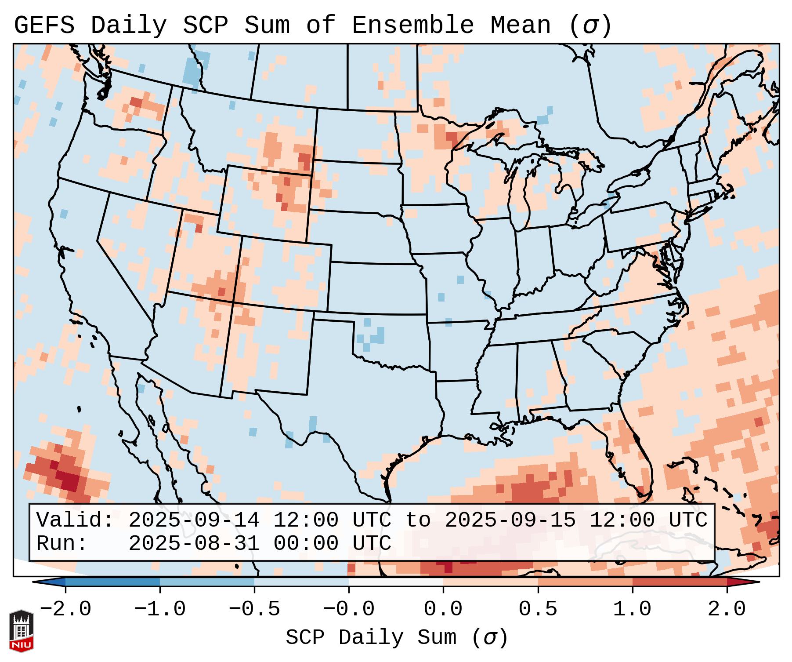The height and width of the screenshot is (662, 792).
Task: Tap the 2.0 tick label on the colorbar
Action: [x=727, y=609]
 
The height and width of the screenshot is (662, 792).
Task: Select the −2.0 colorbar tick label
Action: [x=65, y=609]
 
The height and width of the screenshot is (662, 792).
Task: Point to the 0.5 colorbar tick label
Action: [x=538, y=609]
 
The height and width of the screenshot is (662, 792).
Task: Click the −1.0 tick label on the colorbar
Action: [x=160, y=609]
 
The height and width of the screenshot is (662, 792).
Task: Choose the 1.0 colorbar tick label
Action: [x=632, y=609]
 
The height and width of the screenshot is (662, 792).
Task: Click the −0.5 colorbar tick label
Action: [x=254, y=609]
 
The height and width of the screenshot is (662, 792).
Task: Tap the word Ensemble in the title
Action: [x=413, y=25]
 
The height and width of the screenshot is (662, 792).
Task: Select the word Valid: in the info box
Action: [x=75, y=520]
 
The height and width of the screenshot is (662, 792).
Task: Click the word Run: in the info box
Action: [x=62, y=543]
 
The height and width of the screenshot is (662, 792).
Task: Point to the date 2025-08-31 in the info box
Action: [x=194, y=543]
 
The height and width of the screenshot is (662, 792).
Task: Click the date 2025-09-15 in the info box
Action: [x=510, y=520]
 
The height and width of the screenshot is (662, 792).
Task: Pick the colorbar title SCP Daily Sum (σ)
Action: [x=397, y=637]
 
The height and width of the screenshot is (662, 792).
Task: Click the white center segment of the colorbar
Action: [x=396, y=582]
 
